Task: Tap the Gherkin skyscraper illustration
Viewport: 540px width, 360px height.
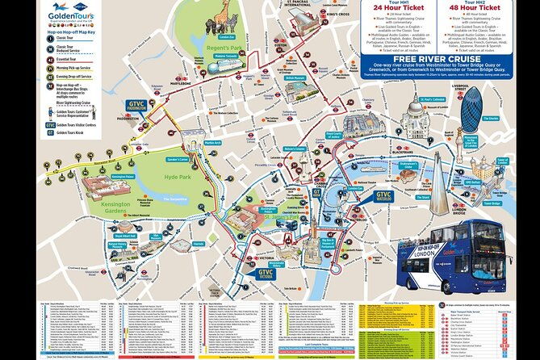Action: click(x=471, y=113)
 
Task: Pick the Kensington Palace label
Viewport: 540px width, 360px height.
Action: click(x=123, y=176)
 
